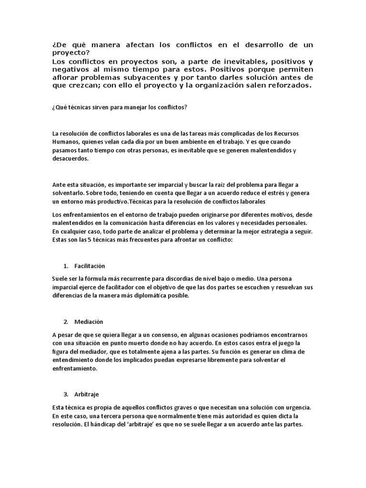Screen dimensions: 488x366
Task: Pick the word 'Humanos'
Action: point(66,142)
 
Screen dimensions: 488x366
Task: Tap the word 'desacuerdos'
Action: point(70,159)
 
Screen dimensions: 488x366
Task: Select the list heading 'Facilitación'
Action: point(90,265)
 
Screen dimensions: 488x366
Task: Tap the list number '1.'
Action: point(66,265)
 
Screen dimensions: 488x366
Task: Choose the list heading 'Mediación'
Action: point(89,322)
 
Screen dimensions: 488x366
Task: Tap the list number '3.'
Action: point(66,395)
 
